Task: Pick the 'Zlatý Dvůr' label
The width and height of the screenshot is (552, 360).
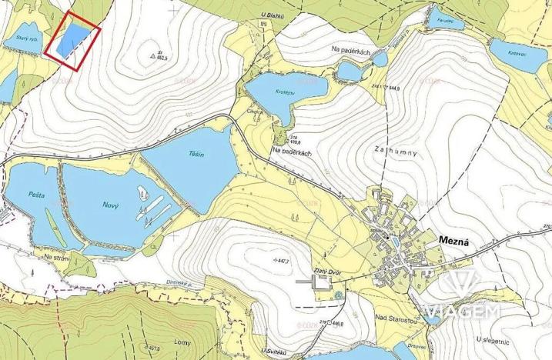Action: tap(328, 270)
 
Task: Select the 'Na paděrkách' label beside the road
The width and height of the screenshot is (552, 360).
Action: tap(291, 152)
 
